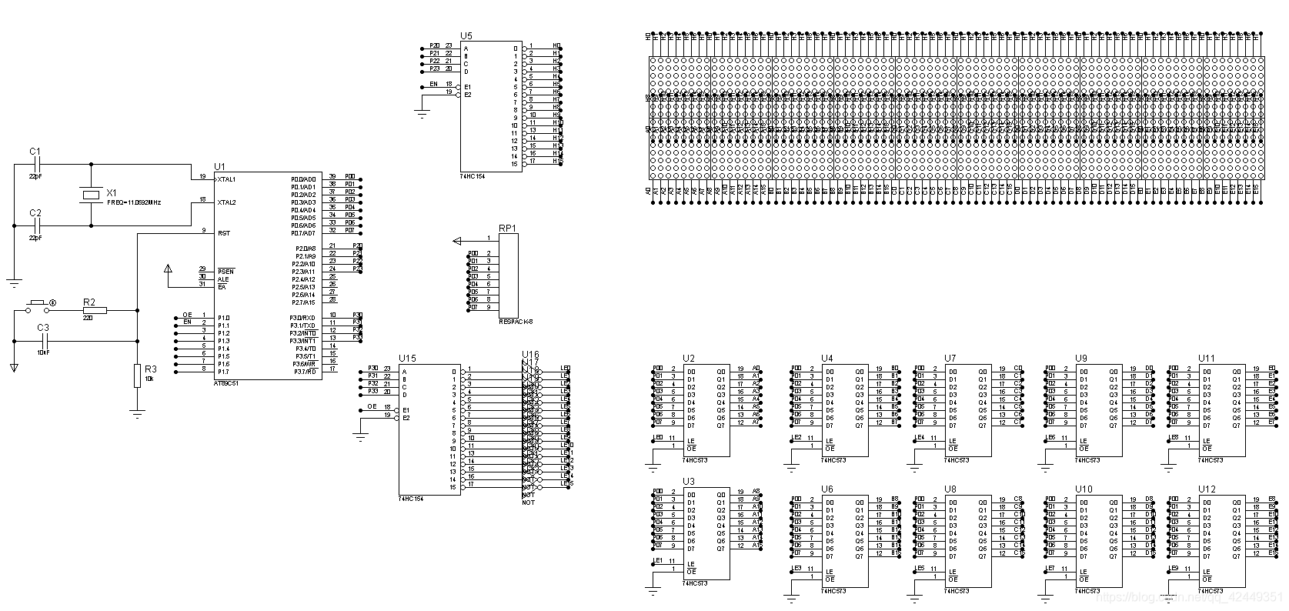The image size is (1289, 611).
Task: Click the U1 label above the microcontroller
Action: (219, 167)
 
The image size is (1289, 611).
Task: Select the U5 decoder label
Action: (466, 36)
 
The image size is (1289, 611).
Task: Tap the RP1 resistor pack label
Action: (507, 228)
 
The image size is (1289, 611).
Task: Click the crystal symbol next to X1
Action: (92, 194)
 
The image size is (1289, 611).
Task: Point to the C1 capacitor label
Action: (35, 152)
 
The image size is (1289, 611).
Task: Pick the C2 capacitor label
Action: (35, 212)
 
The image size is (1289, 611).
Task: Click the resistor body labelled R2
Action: (95, 311)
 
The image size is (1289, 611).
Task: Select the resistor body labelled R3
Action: (137, 376)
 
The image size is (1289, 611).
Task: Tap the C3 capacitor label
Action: (44, 328)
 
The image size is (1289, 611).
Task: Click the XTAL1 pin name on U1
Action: (226, 179)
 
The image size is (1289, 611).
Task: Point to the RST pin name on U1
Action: (223, 233)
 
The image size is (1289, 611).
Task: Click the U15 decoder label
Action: (407, 359)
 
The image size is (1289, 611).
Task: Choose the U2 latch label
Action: (688, 359)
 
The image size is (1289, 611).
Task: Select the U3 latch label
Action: (688, 482)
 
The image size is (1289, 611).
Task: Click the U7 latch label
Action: (950, 359)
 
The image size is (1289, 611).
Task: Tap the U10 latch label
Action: (1084, 489)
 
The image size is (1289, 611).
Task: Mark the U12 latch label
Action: (1207, 489)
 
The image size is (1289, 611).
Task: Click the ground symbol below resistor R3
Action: (137, 414)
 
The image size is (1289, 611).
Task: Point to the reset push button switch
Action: (37, 305)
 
